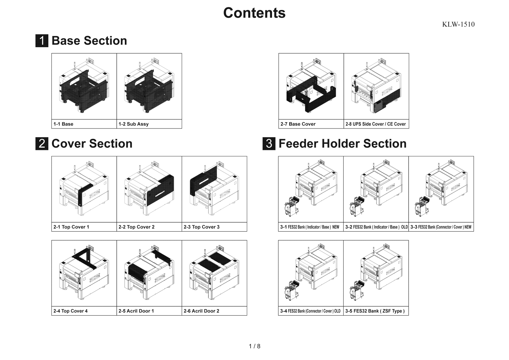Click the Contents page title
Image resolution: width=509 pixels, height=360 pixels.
click(x=254, y=13)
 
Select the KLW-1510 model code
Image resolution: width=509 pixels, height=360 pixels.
click(x=458, y=24)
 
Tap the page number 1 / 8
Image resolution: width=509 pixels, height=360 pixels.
click(x=254, y=346)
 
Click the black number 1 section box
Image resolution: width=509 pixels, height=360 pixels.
click(x=42, y=41)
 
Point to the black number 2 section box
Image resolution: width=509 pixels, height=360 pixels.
click(x=42, y=144)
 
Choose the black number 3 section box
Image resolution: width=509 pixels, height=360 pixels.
click(x=269, y=144)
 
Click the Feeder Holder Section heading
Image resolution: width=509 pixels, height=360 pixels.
click(x=342, y=144)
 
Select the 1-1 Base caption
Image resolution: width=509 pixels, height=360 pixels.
click(x=63, y=124)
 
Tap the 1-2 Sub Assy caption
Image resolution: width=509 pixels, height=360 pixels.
click(x=133, y=124)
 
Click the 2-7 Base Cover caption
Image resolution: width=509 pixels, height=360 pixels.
click(x=298, y=124)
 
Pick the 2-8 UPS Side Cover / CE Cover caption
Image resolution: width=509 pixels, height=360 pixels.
click(x=375, y=124)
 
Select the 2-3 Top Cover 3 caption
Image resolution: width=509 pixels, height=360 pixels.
click(x=202, y=227)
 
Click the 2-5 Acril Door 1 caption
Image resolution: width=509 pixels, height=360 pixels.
click(x=136, y=311)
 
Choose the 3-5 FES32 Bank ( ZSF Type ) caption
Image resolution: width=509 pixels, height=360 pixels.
click(x=375, y=311)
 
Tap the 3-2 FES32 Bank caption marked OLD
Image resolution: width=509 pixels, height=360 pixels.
click(x=376, y=227)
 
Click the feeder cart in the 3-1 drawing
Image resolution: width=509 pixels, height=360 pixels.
click(x=292, y=206)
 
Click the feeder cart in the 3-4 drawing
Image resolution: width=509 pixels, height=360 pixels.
click(x=292, y=290)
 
